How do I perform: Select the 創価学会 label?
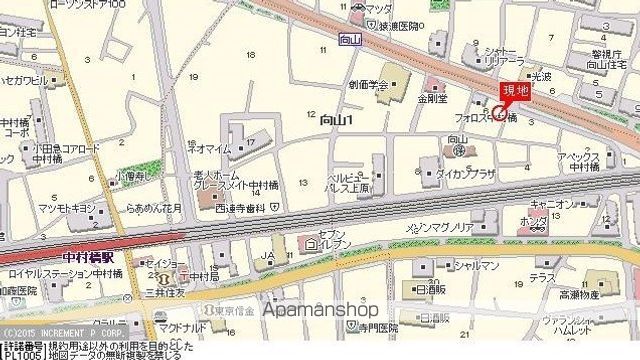[368, 84]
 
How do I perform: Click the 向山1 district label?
[339, 120]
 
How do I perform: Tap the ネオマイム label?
[213, 148]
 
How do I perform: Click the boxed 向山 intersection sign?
[348, 41]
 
